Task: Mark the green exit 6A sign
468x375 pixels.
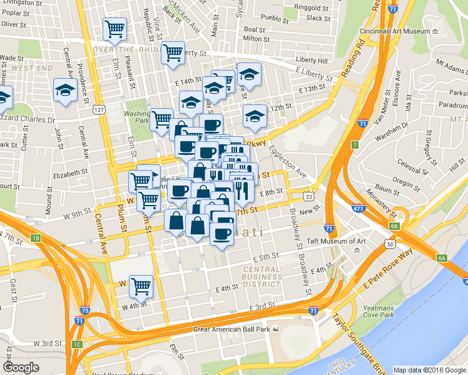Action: click(x=442, y=258)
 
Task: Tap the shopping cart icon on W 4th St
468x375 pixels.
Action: click(x=141, y=287)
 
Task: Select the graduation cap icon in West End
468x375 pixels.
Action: click(x=65, y=91)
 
